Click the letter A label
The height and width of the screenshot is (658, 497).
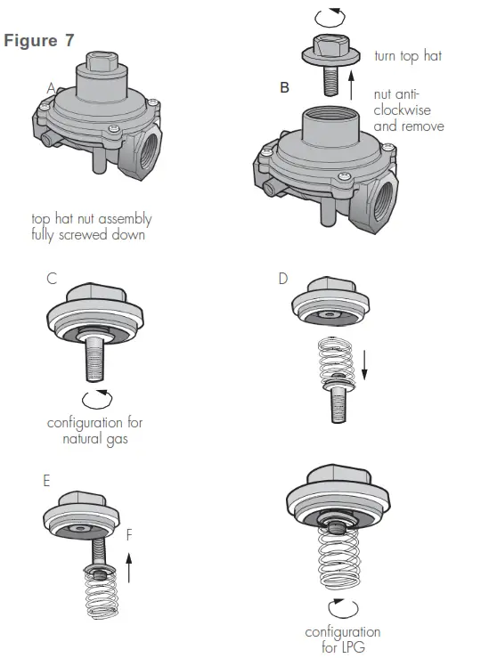coord(50,87)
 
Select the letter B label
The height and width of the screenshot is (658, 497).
coord(284,88)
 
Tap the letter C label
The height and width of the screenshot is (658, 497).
coord(52,279)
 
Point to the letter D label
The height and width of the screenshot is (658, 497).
coord(283,279)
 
